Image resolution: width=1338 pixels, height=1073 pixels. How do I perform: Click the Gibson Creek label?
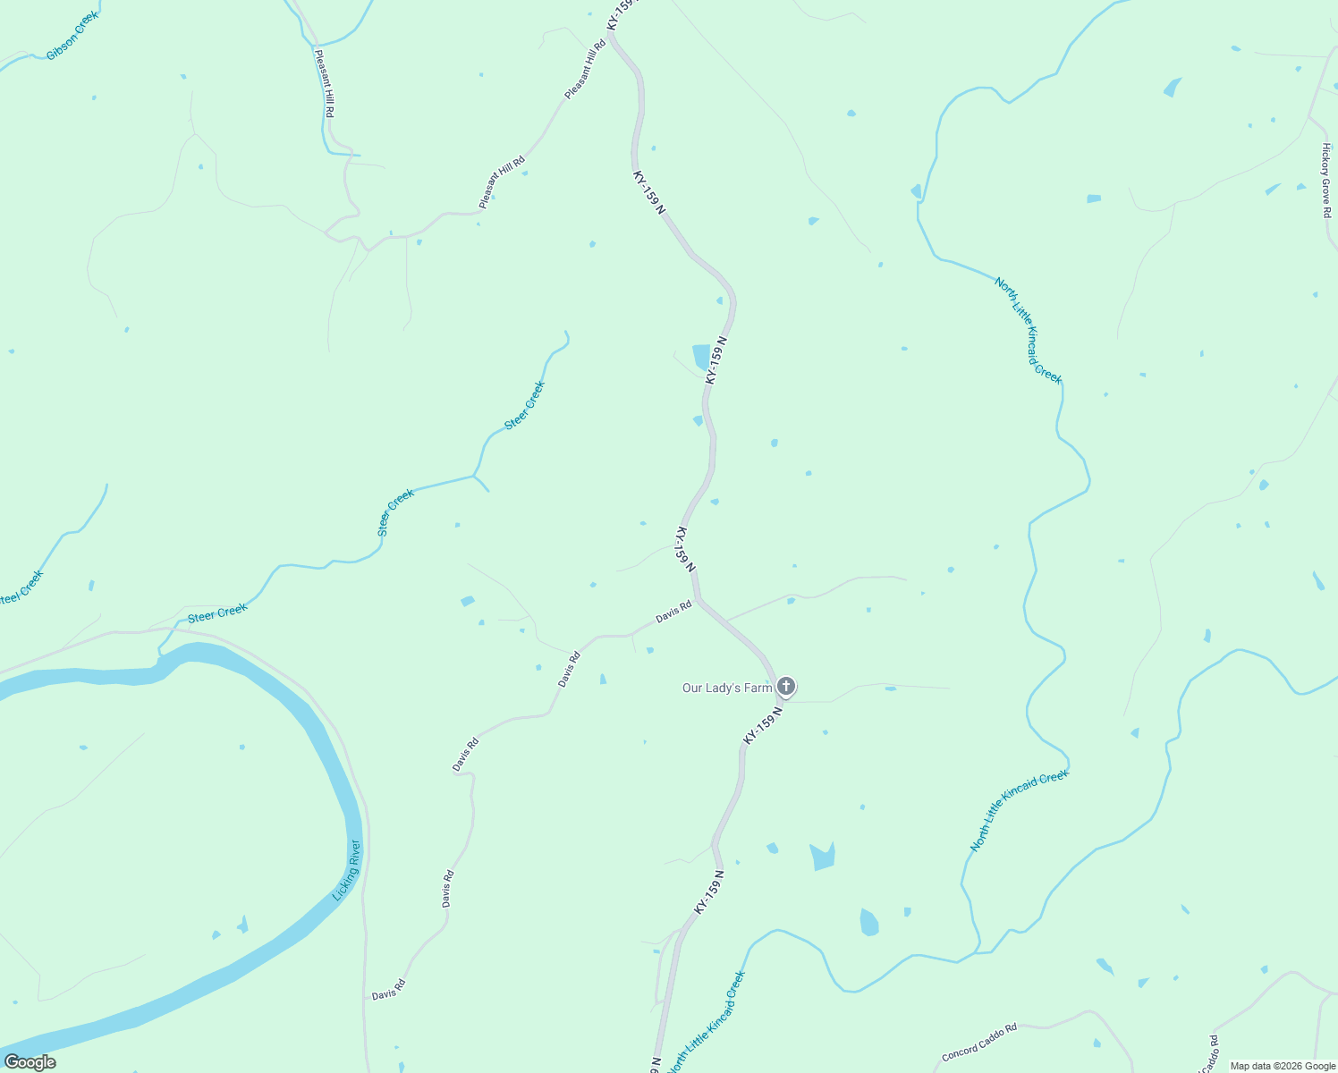click(x=73, y=36)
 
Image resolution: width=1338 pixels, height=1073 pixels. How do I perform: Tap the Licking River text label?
click(x=346, y=870)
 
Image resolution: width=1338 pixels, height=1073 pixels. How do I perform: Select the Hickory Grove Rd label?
click(x=1326, y=181)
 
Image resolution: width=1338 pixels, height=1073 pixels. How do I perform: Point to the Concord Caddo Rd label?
click(x=979, y=1043)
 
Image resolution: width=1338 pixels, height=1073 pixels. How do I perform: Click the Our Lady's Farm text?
click(x=726, y=688)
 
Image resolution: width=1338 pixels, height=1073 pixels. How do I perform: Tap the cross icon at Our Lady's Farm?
click(x=785, y=687)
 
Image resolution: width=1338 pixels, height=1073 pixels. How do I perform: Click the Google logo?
click(x=30, y=1062)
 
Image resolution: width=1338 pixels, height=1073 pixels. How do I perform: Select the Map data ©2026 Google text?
click(x=1283, y=1066)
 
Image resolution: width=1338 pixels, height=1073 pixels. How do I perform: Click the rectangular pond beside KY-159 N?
click(x=700, y=356)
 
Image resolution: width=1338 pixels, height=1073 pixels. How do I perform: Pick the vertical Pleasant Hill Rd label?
click(x=324, y=83)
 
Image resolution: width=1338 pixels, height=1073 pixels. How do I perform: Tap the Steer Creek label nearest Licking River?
click(x=217, y=613)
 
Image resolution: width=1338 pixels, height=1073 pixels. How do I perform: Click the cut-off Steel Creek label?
click(x=21, y=587)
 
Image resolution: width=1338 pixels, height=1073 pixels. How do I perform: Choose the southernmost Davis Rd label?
click(x=389, y=990)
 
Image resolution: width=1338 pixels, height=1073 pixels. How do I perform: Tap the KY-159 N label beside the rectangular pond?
click(x=716, y=360)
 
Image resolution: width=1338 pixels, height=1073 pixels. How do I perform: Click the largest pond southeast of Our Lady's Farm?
click(x=822, y=857)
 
